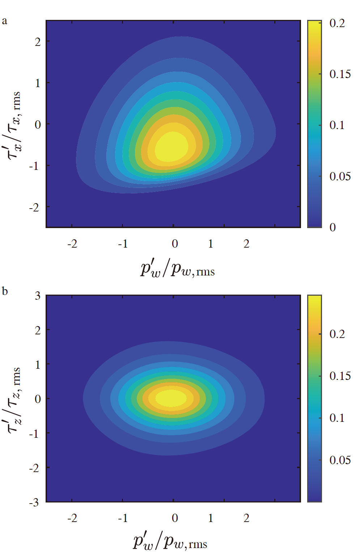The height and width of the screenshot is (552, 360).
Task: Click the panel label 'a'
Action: (4, 21)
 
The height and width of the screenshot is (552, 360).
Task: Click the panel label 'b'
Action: (5, 291)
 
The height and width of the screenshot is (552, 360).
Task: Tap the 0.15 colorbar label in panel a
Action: (340, 74)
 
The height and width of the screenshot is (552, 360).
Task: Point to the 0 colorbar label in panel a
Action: (333, 227)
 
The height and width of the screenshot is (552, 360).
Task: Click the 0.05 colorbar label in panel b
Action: (340, 460)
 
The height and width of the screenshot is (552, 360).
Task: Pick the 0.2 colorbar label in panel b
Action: (337, 334)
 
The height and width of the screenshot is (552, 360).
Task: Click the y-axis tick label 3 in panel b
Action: (38, 296)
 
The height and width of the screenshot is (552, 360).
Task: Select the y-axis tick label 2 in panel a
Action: (38, 42)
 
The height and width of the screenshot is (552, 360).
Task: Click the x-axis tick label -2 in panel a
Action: (72, 244)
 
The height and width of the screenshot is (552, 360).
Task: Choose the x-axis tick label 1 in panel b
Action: (211, 518)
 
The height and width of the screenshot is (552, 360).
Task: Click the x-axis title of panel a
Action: (177, 269)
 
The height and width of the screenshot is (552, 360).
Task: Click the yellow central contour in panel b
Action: (171, 398)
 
